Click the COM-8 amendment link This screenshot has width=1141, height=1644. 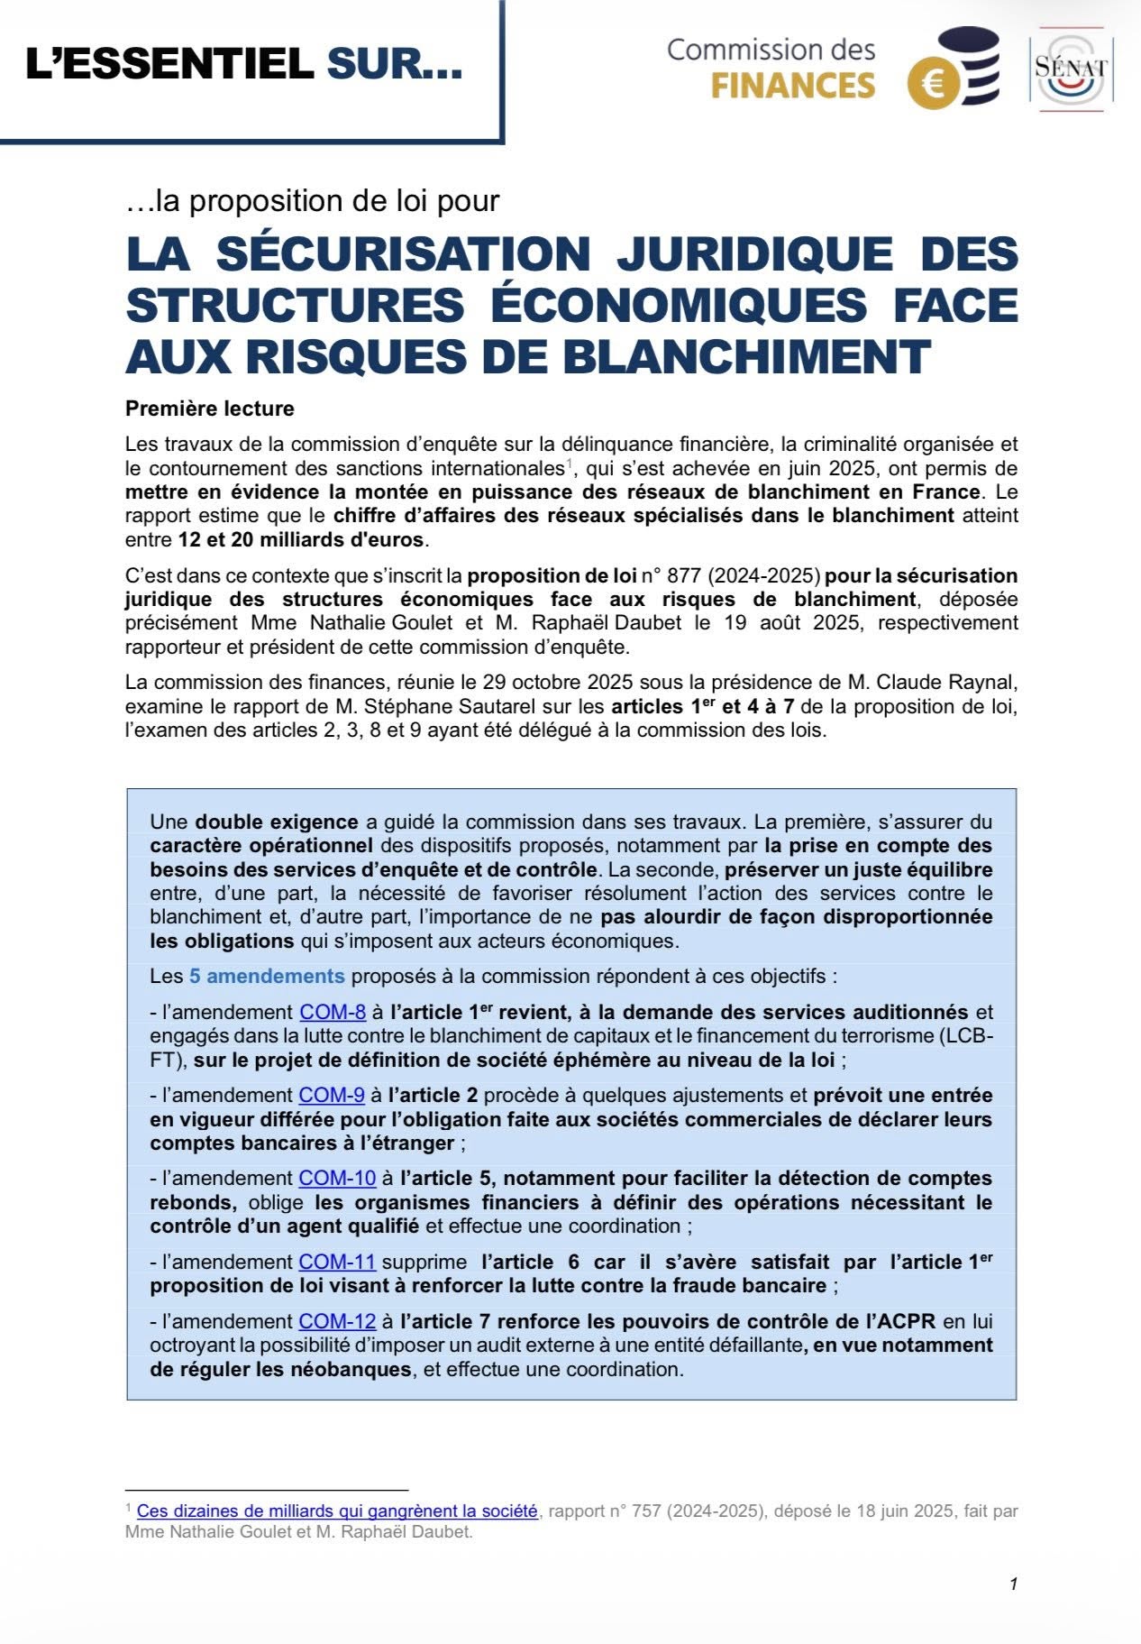332,1012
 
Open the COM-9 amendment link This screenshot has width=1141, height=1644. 332,1095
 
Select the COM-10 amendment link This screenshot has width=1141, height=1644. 337,1178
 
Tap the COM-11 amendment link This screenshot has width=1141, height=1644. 337,1262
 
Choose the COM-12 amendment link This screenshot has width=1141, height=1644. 337,1321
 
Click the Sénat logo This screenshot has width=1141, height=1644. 1071,69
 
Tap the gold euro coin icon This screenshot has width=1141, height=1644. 934,85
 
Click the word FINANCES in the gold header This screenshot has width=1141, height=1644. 793,86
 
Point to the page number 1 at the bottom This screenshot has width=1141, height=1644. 1013,1584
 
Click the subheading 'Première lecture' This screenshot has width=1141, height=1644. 210,409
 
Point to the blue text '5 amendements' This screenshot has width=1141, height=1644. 267,976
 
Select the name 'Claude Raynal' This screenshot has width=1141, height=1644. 957,682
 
